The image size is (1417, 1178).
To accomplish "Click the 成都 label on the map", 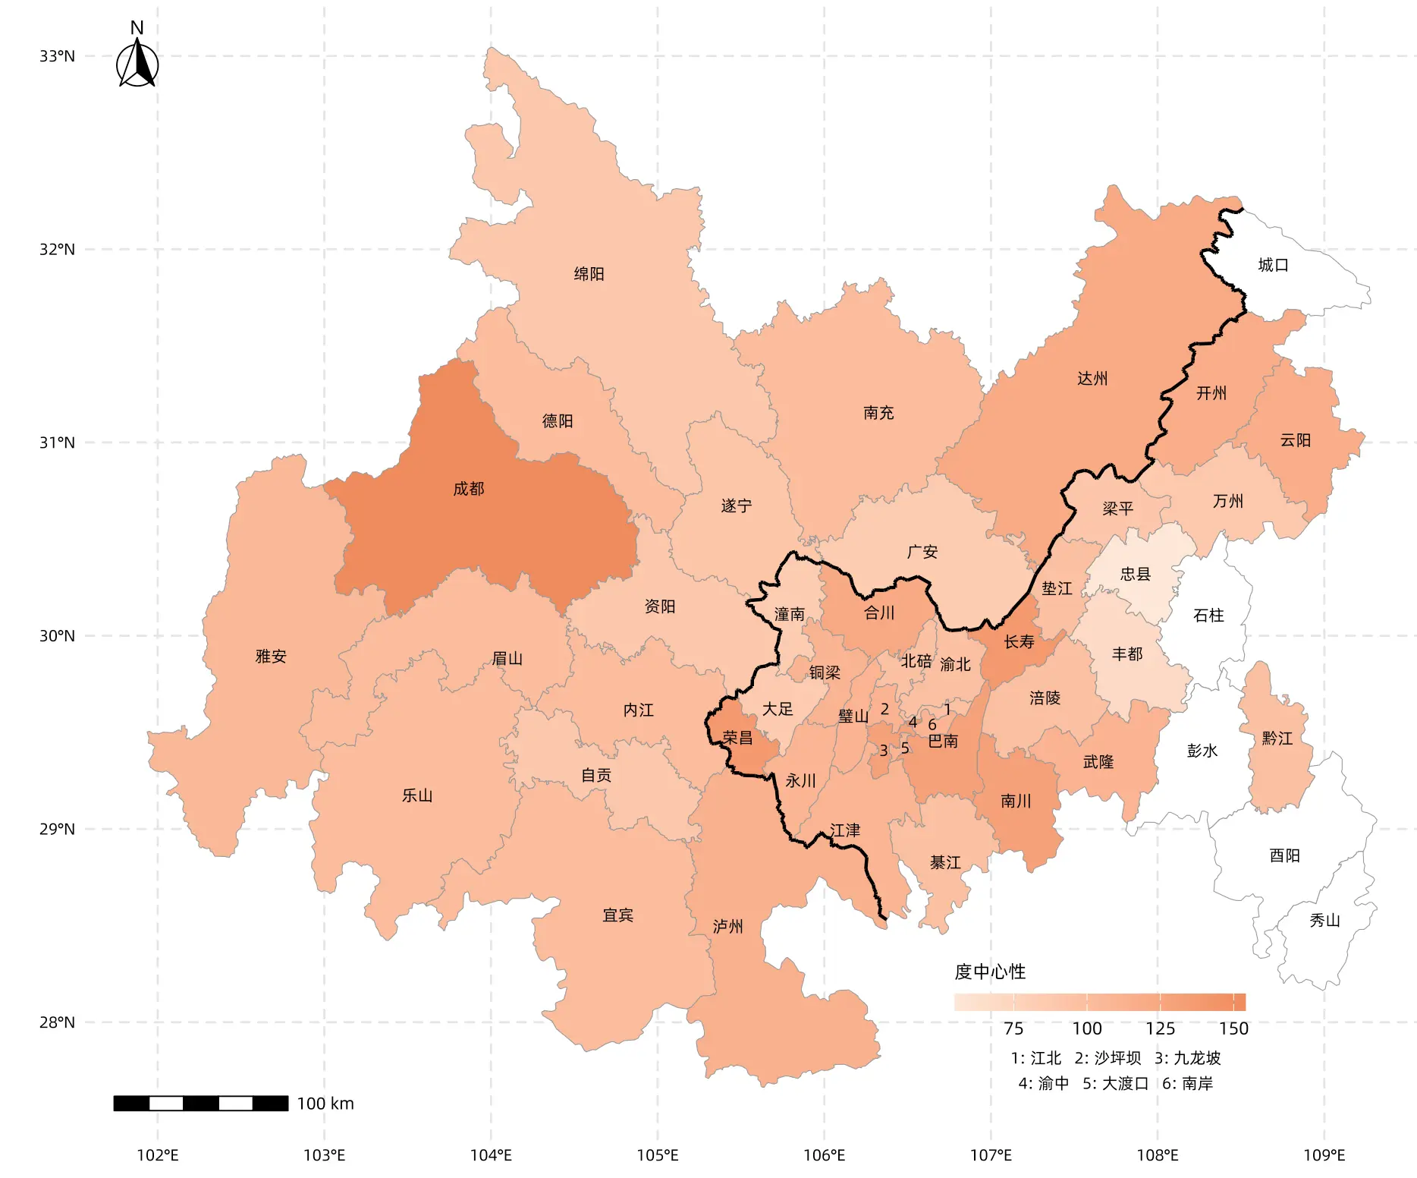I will coord(468,489).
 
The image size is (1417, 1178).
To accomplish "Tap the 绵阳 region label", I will coord(589,274).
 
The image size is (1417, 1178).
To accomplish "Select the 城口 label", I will coord(1273,265).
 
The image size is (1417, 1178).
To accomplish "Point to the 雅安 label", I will coord(271,657).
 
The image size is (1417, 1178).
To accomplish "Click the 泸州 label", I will coord(727,926).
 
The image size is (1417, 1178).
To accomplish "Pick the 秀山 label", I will coord(1324,921).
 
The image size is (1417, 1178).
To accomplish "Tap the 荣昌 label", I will coord(737,738).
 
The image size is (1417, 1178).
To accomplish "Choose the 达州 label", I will coord(1092,379).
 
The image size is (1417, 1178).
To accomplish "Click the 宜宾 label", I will coord(617,915).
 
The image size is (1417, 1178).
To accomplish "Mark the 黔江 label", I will coord(1277,739).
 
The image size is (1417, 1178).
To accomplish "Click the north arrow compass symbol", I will coord(137,64).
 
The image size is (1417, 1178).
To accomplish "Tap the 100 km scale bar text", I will coord(325,1104).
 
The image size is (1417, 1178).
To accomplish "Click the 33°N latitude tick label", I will coord(57,56).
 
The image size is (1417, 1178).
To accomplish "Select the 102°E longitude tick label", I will coord(158,1155).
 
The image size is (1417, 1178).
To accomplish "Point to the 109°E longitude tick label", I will coord(1324,1155).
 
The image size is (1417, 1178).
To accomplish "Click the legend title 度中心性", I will coord(990,972).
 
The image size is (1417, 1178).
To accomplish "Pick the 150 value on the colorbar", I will coord(1233,1028).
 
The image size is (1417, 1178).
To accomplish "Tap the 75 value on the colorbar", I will coord(1013,1028).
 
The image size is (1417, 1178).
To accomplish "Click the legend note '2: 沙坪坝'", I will coord(1108,1058).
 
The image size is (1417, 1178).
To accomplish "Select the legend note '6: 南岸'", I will coord(1187,1083).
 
